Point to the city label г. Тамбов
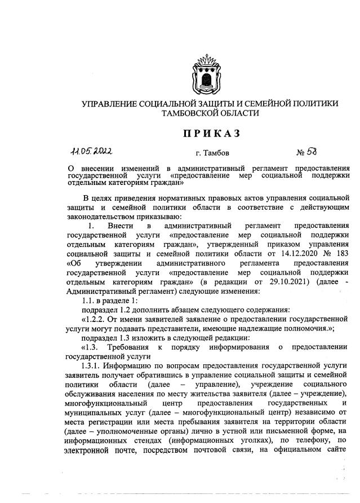tap(212, 153)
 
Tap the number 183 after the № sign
tap(341, 253)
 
